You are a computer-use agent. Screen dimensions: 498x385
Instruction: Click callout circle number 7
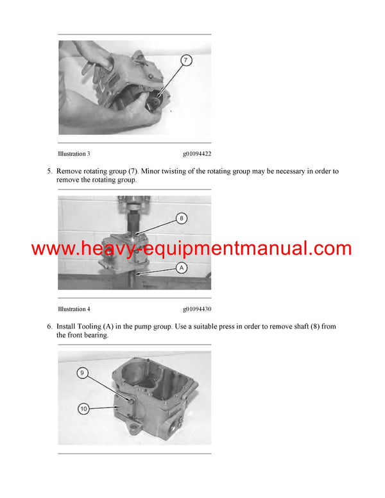(x=185, y=61)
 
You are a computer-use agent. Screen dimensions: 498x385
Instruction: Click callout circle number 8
(x=182, y=218)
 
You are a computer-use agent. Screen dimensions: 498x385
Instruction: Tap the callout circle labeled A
(x=182, y=268)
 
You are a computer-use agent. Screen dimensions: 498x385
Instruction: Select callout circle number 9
(x=83, y=372)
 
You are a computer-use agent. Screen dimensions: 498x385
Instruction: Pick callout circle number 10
(x=83, y=408)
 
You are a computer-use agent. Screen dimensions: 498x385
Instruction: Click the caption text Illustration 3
(x=74, y=154)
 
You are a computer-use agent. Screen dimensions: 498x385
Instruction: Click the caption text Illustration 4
(x=74, y=309)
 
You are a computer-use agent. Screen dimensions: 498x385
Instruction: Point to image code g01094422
(x=196, y=154)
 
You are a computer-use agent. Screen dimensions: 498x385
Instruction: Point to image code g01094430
(x=196, y=309)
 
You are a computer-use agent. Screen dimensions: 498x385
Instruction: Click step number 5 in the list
(x=49, y=171)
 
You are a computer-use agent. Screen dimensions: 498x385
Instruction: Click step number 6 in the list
(x=49, y=327)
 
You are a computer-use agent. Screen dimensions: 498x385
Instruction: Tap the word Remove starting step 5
(x=71, y=171)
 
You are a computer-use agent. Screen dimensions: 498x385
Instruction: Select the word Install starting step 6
(x=68, y=327)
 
